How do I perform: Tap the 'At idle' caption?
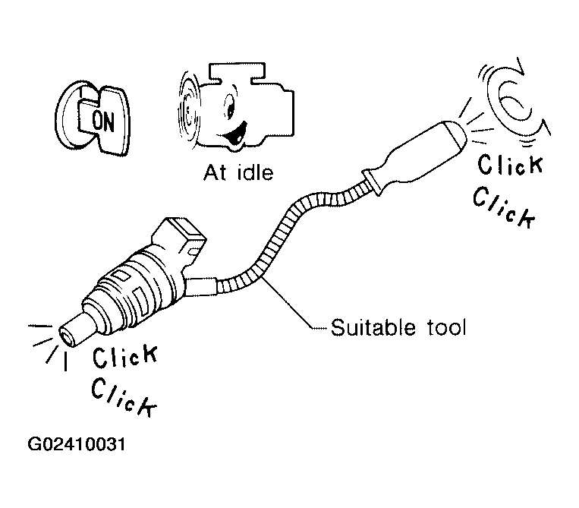pos(238,172)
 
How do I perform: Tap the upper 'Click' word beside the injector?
pos(125,359)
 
